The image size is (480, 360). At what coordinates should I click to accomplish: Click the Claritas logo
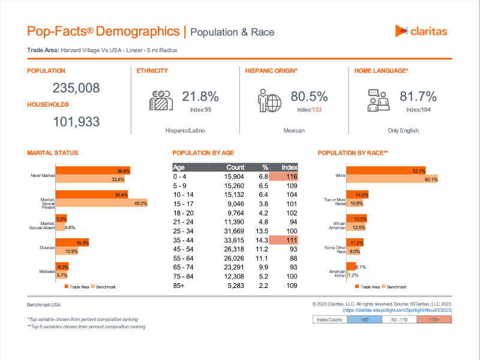[421, 31]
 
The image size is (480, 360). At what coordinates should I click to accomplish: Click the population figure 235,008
[76, 88]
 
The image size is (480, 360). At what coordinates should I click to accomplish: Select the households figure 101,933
[76, 122]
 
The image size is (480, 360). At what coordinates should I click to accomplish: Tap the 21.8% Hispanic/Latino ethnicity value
[200, 97]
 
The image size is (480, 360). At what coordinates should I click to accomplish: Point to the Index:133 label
[310, 110]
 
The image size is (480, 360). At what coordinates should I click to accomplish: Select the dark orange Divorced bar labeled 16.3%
[73, 242]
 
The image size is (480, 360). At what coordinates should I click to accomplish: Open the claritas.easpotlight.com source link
[397, 310]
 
